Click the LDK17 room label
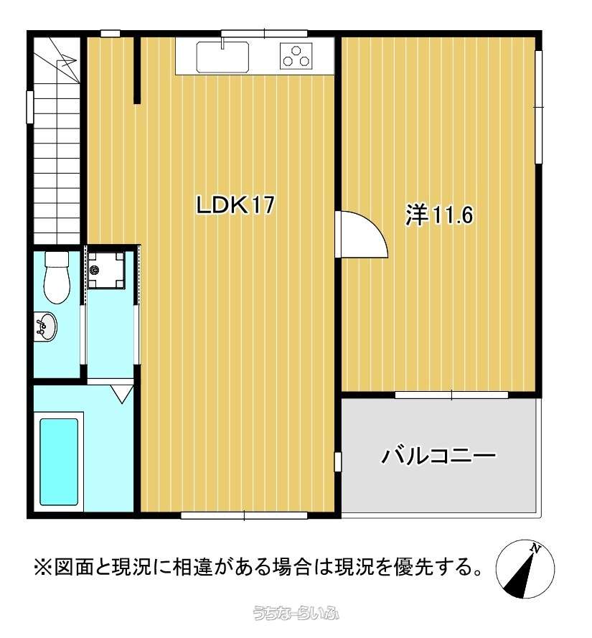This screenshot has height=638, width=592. coord(235,205)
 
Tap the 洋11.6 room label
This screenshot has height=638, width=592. coord(439,215)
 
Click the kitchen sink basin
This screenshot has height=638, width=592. coord(222,57)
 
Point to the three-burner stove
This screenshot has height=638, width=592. coord(296,55)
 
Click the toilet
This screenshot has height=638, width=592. coord(57,278)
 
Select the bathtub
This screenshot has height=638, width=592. coord(59,461)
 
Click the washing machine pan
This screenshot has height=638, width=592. coord(106,270)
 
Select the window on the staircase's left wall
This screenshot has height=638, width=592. coord(29,107)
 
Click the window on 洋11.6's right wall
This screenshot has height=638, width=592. coord(539,107)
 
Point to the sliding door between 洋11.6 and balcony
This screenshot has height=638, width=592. coord(451,395)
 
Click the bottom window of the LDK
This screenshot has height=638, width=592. coord(244,515)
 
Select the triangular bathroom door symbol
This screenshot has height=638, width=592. coord(122,393)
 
